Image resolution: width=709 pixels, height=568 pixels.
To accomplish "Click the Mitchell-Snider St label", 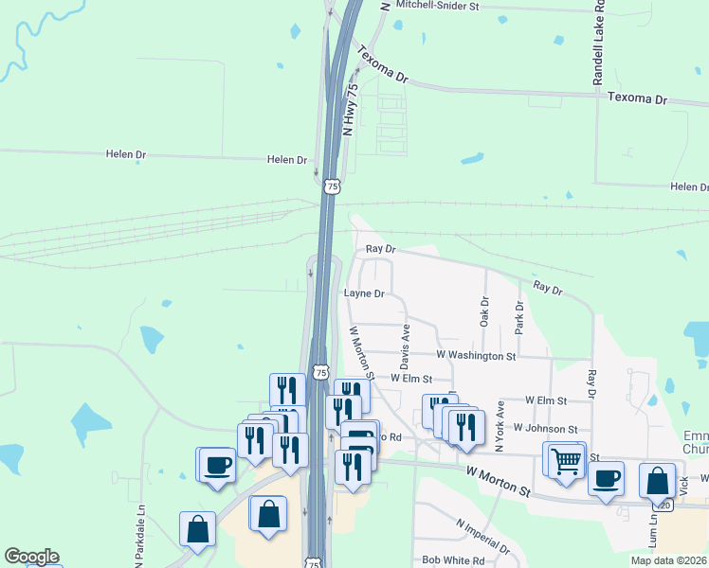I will pyautogui.click(x=438, y=6).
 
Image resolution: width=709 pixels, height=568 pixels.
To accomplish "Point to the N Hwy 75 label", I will pyautogui.click(x=351, y=110).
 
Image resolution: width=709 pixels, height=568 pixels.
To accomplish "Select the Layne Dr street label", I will pyautogui.click(x=364, y=294).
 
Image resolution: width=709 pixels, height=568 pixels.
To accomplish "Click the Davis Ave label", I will pyautogui.click(x=406, y=347).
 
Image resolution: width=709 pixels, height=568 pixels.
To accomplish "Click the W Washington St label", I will pyautogui.click(x=476, y=356).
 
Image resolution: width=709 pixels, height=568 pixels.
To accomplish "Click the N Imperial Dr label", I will pyautogui.click(x=482, y=536).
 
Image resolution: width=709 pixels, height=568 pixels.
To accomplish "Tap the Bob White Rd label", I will pyautogui.click(x=453, y=560).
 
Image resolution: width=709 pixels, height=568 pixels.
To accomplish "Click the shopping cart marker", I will pyautogui.click(x=565, y=462).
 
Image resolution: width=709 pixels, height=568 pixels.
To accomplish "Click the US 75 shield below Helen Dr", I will pyautogui.click(x=331, y=186).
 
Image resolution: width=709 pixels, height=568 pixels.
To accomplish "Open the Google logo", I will pyautogui.click(x=31, y=557).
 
